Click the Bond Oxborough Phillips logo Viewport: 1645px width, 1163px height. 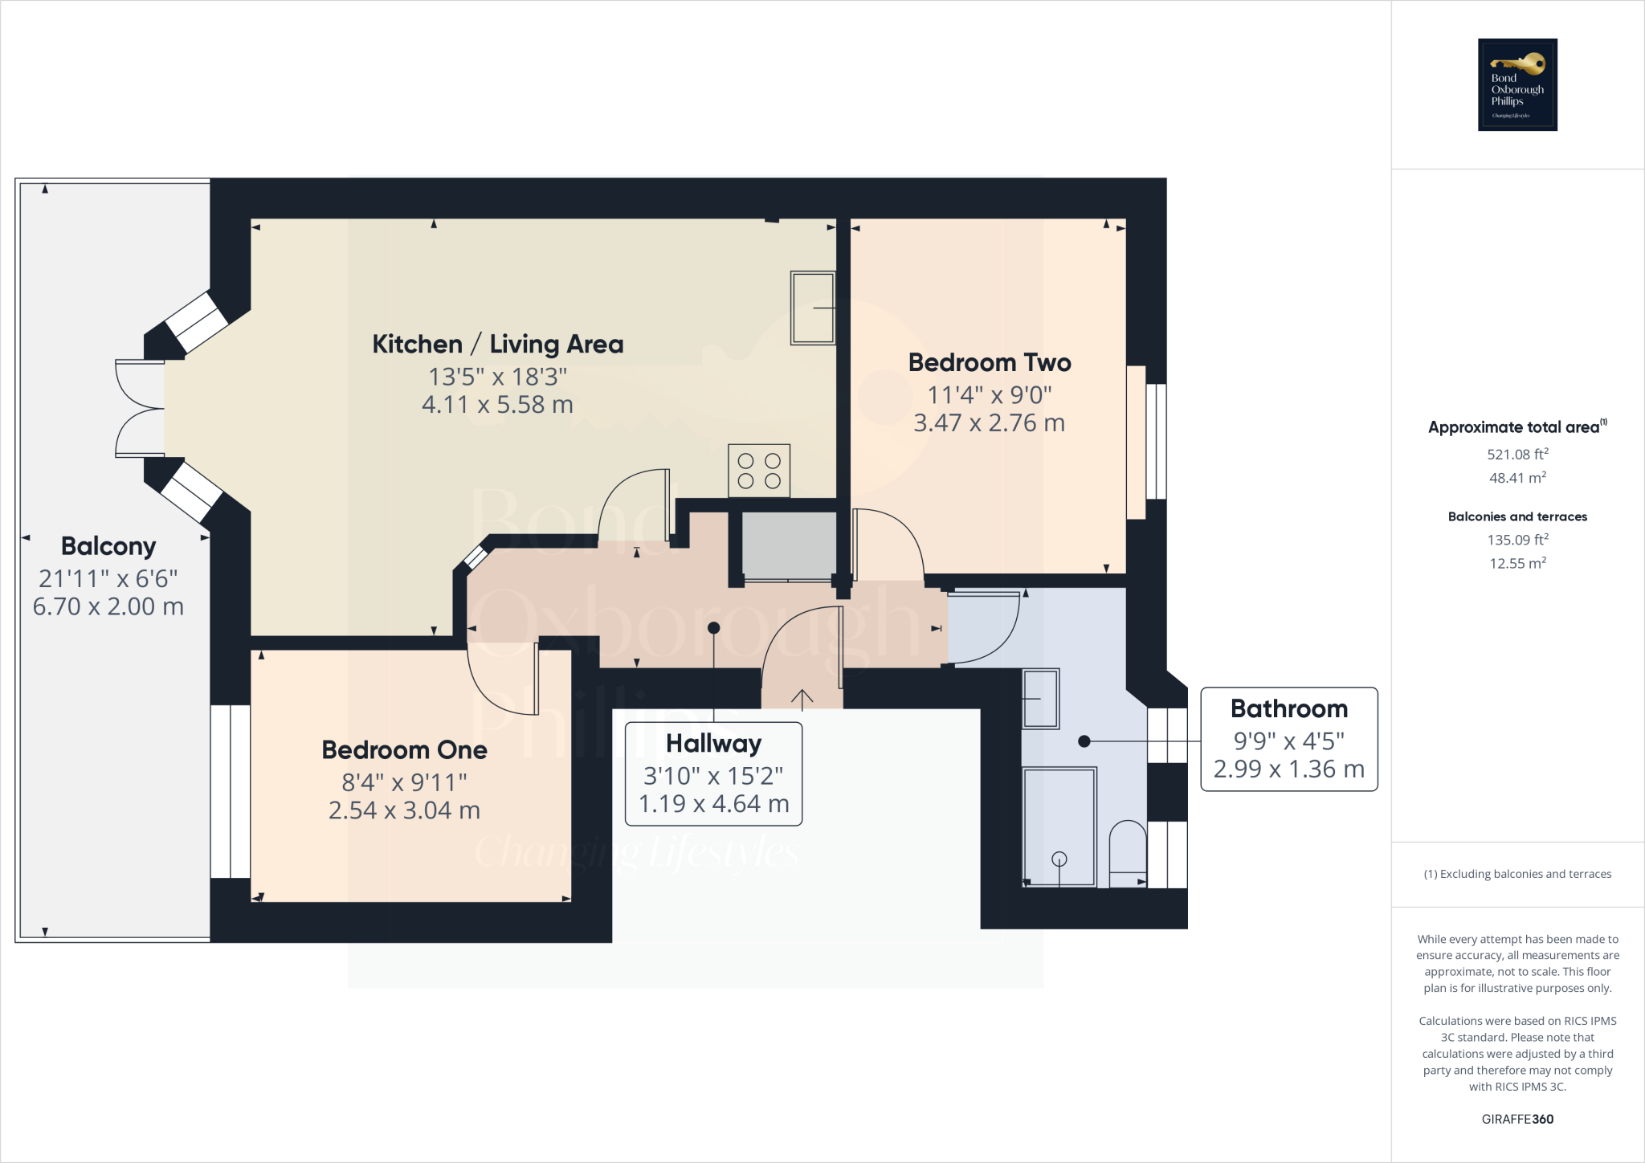click(x=1517, y=84)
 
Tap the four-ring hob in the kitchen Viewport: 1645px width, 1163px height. click(x=759, y=471)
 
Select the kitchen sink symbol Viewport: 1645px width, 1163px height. click(x=813, y=308)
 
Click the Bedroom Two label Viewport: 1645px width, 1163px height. click(x=989, y=362)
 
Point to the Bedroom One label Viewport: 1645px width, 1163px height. click(x=404, y=749)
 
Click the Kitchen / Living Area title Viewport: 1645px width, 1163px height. click(x=497, y=344)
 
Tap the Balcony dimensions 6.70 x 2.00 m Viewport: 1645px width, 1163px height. click(x=108, y=606)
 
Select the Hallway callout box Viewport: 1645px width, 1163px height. click(x=713, y=773)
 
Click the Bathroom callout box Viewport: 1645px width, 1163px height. click(x=1288, y=739)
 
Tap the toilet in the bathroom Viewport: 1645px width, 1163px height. click(x=1128, y=853)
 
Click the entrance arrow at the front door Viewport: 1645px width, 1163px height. click(x=802, y=697)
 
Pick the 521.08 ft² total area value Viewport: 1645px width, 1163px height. click(x=1517, y=454)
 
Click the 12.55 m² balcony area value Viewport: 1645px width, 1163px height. click(x=1517, y=563)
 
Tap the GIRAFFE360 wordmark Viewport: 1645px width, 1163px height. click(x=1517, y=1119)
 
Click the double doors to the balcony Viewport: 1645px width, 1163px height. click(x=140, y=409)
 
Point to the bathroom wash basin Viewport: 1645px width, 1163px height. click(x=1040, y=699)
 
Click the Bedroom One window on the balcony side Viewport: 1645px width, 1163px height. click(x=231, y=791)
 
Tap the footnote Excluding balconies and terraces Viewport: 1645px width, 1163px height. click(x=1517, y=874)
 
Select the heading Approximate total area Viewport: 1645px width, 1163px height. click(x=1515, y=427)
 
